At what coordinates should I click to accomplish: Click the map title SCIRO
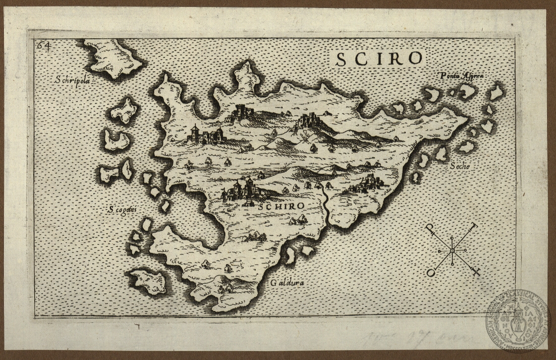(x=379, y=58)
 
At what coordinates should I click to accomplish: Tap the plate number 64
(x=44, y=46)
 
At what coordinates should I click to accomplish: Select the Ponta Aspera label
(x=461, y=76)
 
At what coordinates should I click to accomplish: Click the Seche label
(x=459, y=167)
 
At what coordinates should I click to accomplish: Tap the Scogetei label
(x=122, y=209)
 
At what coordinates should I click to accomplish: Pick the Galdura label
(x=287, y=283)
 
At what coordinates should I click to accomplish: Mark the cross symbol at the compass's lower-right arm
(x=476, y=272)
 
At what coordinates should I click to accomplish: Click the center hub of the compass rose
(x=452, y=251)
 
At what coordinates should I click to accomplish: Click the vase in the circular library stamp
(x=518, y=321)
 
